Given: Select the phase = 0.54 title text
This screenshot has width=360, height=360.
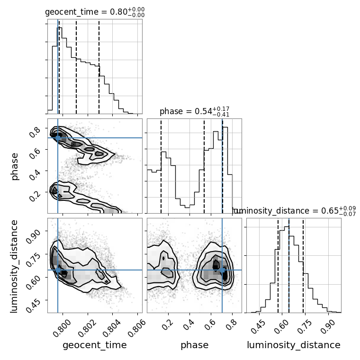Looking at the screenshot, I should [194, 111].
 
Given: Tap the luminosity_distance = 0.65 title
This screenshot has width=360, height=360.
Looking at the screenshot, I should [294, 211].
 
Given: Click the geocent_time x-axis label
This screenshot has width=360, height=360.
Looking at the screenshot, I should [94, 345].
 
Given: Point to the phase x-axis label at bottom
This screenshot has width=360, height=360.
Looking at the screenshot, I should [194, 345].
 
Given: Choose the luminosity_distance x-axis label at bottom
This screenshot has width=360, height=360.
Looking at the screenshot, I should [294, 345].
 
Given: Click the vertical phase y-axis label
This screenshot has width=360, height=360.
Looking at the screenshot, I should [15, 166].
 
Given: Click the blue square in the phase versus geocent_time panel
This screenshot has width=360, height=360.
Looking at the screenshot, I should [58, 138].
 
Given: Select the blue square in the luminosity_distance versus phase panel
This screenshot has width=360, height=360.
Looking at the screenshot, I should [222, 270].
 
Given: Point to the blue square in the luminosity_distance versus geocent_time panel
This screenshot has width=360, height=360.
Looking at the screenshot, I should [58, 270].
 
